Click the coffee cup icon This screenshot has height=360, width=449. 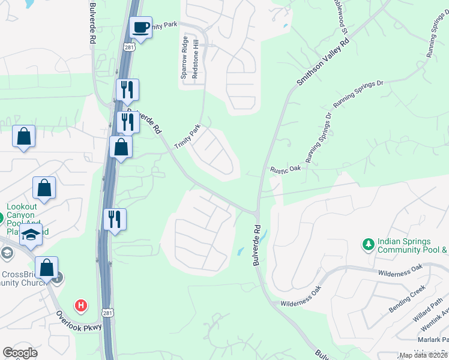(x=141, y=28)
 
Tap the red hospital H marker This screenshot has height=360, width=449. (x=80, y=306)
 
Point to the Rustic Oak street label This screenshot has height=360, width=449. (x=285, y=170)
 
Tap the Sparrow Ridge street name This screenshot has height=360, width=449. (x=184, y=61)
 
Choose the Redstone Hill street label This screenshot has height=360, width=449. (x=194, y=61)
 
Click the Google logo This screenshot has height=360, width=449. (x=20, y=353)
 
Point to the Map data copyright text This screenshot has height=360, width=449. (x=423, y=355)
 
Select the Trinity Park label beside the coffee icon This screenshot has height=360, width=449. (x=164, y=25)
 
